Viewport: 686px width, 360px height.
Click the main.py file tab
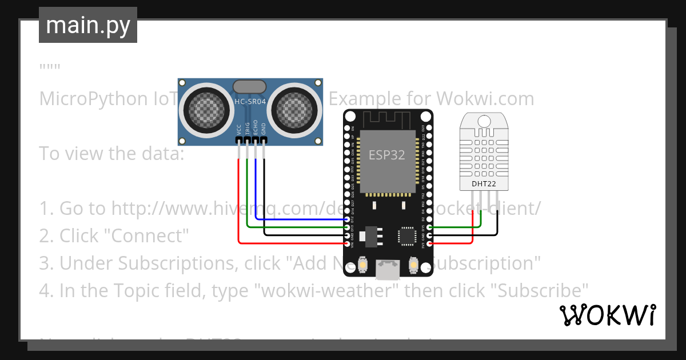[87, 25]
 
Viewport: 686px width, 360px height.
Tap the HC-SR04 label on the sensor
[250, 102]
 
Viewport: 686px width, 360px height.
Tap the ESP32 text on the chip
[386, 155]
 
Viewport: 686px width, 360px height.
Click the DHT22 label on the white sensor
[483, 183]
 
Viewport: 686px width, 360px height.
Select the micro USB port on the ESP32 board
[388, 269]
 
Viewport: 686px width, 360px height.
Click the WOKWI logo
[607, 315]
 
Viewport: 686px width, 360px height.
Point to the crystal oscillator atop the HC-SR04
[250, 86]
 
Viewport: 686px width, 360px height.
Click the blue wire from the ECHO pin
[297, 219]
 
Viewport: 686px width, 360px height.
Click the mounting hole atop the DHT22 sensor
[483, 121]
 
